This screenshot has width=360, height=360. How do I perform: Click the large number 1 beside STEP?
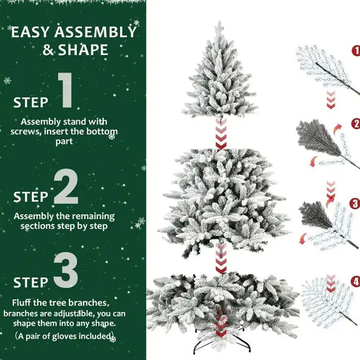click(x=67, y=93)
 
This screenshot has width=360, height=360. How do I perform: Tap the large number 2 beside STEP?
click(x=66, y=187)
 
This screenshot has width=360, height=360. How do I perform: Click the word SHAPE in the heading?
click(x=84, y=50)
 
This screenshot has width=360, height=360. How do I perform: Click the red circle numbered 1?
click(x=356, y=51)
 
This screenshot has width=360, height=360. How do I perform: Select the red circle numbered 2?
click(x=356, y=124)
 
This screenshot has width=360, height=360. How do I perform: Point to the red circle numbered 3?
click(x=356, y=203)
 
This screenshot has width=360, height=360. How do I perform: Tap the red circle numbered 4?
click(x=356, y=282)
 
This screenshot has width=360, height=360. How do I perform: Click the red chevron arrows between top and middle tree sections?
click(x=221, y=134)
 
